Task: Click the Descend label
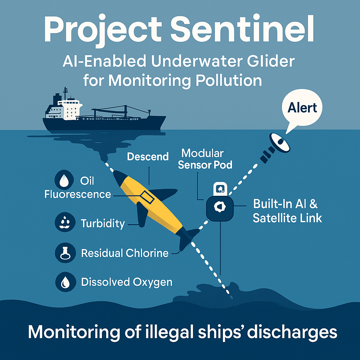click(148, 156)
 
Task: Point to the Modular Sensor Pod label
click(205, 159)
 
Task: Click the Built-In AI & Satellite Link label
click(287, 211)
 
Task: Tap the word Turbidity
click(103, 223)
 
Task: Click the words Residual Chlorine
click(125, 253)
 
